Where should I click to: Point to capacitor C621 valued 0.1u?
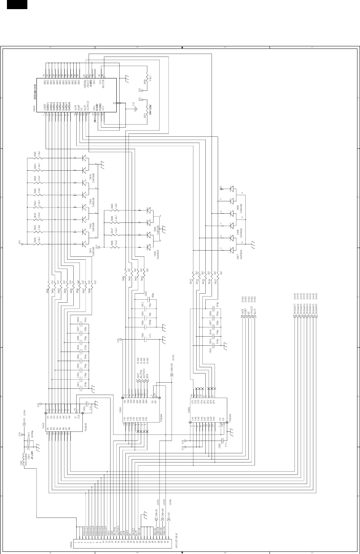point(142,336)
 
